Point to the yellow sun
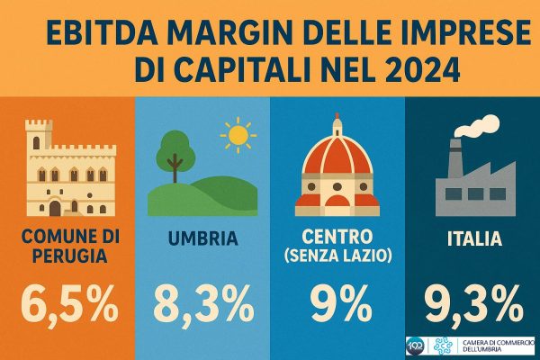238,135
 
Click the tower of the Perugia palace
39,135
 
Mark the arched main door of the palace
55,208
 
